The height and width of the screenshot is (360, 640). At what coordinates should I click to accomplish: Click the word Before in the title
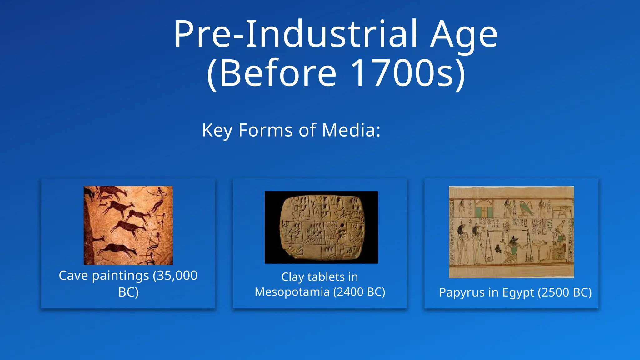(278, 73)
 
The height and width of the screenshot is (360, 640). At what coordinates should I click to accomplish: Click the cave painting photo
(128, 225)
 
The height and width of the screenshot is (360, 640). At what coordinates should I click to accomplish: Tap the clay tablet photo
(321, 227)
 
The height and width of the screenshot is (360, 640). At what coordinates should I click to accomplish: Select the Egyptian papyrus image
(511, 232)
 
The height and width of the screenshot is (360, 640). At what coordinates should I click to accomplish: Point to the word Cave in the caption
(74, 276)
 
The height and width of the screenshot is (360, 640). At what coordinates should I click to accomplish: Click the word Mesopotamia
(292, 292)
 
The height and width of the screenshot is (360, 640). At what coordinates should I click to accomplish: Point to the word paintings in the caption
(120, 276)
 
